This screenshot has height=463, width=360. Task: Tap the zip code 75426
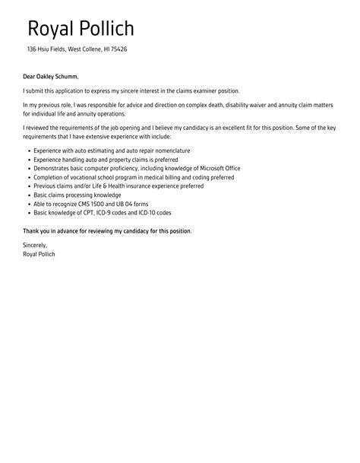(118, 49)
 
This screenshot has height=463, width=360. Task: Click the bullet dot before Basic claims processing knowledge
(27, 195)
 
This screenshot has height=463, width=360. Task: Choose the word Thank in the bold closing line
(32, 230)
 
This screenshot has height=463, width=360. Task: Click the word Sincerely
(35, 246)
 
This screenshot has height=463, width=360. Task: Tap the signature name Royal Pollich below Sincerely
(39, 254)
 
